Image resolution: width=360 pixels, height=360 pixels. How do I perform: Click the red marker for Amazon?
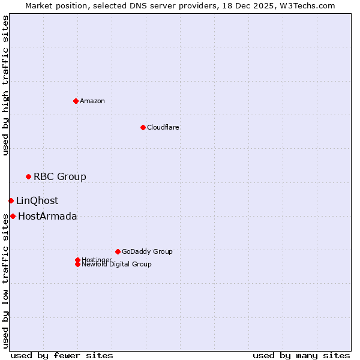pyautogui.click(x=76, y=101)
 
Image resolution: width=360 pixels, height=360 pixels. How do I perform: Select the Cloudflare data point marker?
pyautogui.click(x=143, y=127)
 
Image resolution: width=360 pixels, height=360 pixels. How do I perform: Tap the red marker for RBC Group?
pyautogui.click(x=28, y=176)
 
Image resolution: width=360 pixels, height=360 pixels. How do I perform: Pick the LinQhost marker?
pyautogui.click(x=11, y=200)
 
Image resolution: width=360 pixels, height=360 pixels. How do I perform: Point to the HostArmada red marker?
pyautogui.click(x=13, y=216)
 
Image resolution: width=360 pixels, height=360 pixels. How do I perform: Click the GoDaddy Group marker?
pyautogui.click(x=118, y=251)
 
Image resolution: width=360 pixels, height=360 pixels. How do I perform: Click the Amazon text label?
pyautogui.click(x=92, y=101)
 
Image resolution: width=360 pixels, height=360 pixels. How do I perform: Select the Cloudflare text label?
pyautogui.click(x=163, y=127)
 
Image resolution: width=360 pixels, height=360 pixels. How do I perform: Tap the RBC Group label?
pyautogui.click(x=60, y=176)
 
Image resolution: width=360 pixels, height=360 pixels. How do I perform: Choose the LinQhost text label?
pyautogui.click(x=37, y=201)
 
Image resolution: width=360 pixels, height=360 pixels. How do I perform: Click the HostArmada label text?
pyautogui.click(x=47, y=217)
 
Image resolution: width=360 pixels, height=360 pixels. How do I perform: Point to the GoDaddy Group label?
pyautogui.click(x=147, y=251)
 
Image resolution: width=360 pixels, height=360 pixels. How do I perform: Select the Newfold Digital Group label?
pyautogui.click(x=116, y=264)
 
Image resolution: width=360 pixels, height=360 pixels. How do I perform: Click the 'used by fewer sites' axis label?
pyautogui.click(x=62, y=355)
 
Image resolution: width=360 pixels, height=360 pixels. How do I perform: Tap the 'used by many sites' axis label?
pyautogui.click(x=301, y=355)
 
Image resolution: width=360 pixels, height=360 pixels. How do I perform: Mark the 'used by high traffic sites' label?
pyautogui.click(x=6, y=85)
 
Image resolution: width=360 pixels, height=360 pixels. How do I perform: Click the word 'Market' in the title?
pyautogui.click(x=38, y=5)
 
